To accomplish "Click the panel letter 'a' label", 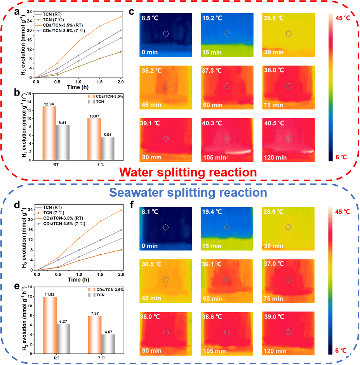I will click(17, 12).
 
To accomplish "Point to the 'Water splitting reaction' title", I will click(188, 172).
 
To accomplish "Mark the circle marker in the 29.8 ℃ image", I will click(289, 34).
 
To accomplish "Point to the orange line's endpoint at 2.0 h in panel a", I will click(121, 17).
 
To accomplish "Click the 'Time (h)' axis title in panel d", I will click(78, 279).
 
